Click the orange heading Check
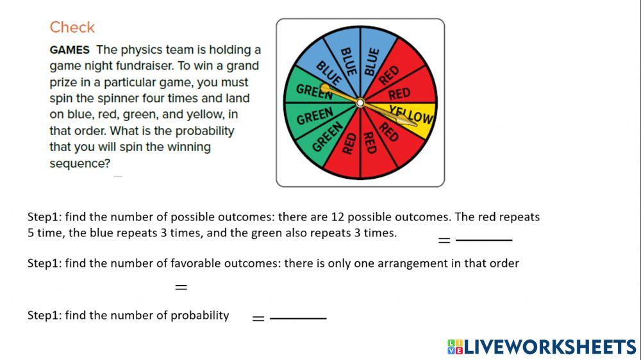72,28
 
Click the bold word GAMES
69,50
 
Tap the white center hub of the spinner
360,102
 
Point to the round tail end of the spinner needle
324,87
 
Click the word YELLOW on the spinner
412,115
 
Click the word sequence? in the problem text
79,163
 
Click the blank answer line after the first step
484,240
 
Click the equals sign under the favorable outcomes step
181,288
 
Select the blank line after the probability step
298,318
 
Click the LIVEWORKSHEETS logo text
550,347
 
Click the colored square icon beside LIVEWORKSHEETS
454,347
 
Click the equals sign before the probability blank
258,318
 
